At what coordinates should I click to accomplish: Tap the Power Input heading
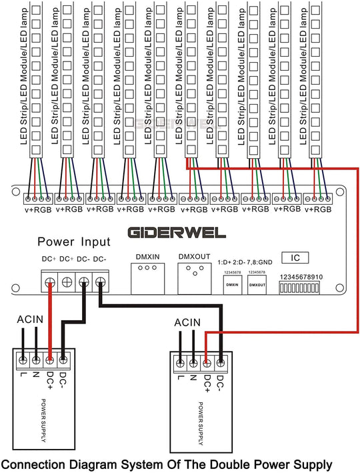[73, 241]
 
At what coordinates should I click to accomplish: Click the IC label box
[296, 257]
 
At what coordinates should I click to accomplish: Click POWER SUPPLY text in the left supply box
[45, 421]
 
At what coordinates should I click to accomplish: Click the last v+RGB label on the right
[318, 209]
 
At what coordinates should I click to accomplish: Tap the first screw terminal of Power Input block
[49, 282]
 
